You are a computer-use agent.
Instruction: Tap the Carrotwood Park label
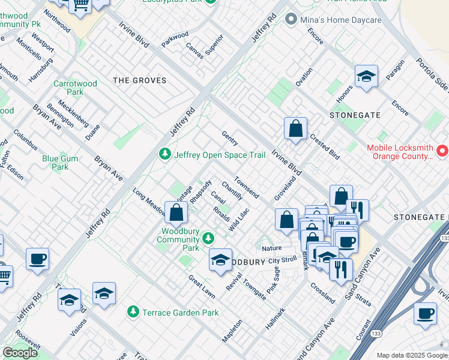[x=75, y=88]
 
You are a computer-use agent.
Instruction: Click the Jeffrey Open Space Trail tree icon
[x=164, y=155]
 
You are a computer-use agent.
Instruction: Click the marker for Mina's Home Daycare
[x=291, y=20]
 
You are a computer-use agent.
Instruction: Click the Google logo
[x=20, y=353]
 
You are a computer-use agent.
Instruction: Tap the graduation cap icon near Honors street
[x=366, y=77]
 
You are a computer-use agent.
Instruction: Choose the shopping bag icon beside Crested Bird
[x=296, y=129]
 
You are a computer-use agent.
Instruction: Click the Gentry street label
[x=230, y=139]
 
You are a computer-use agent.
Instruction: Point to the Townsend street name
[x=247, y=187]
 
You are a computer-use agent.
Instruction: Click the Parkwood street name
[x=175, y=39]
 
